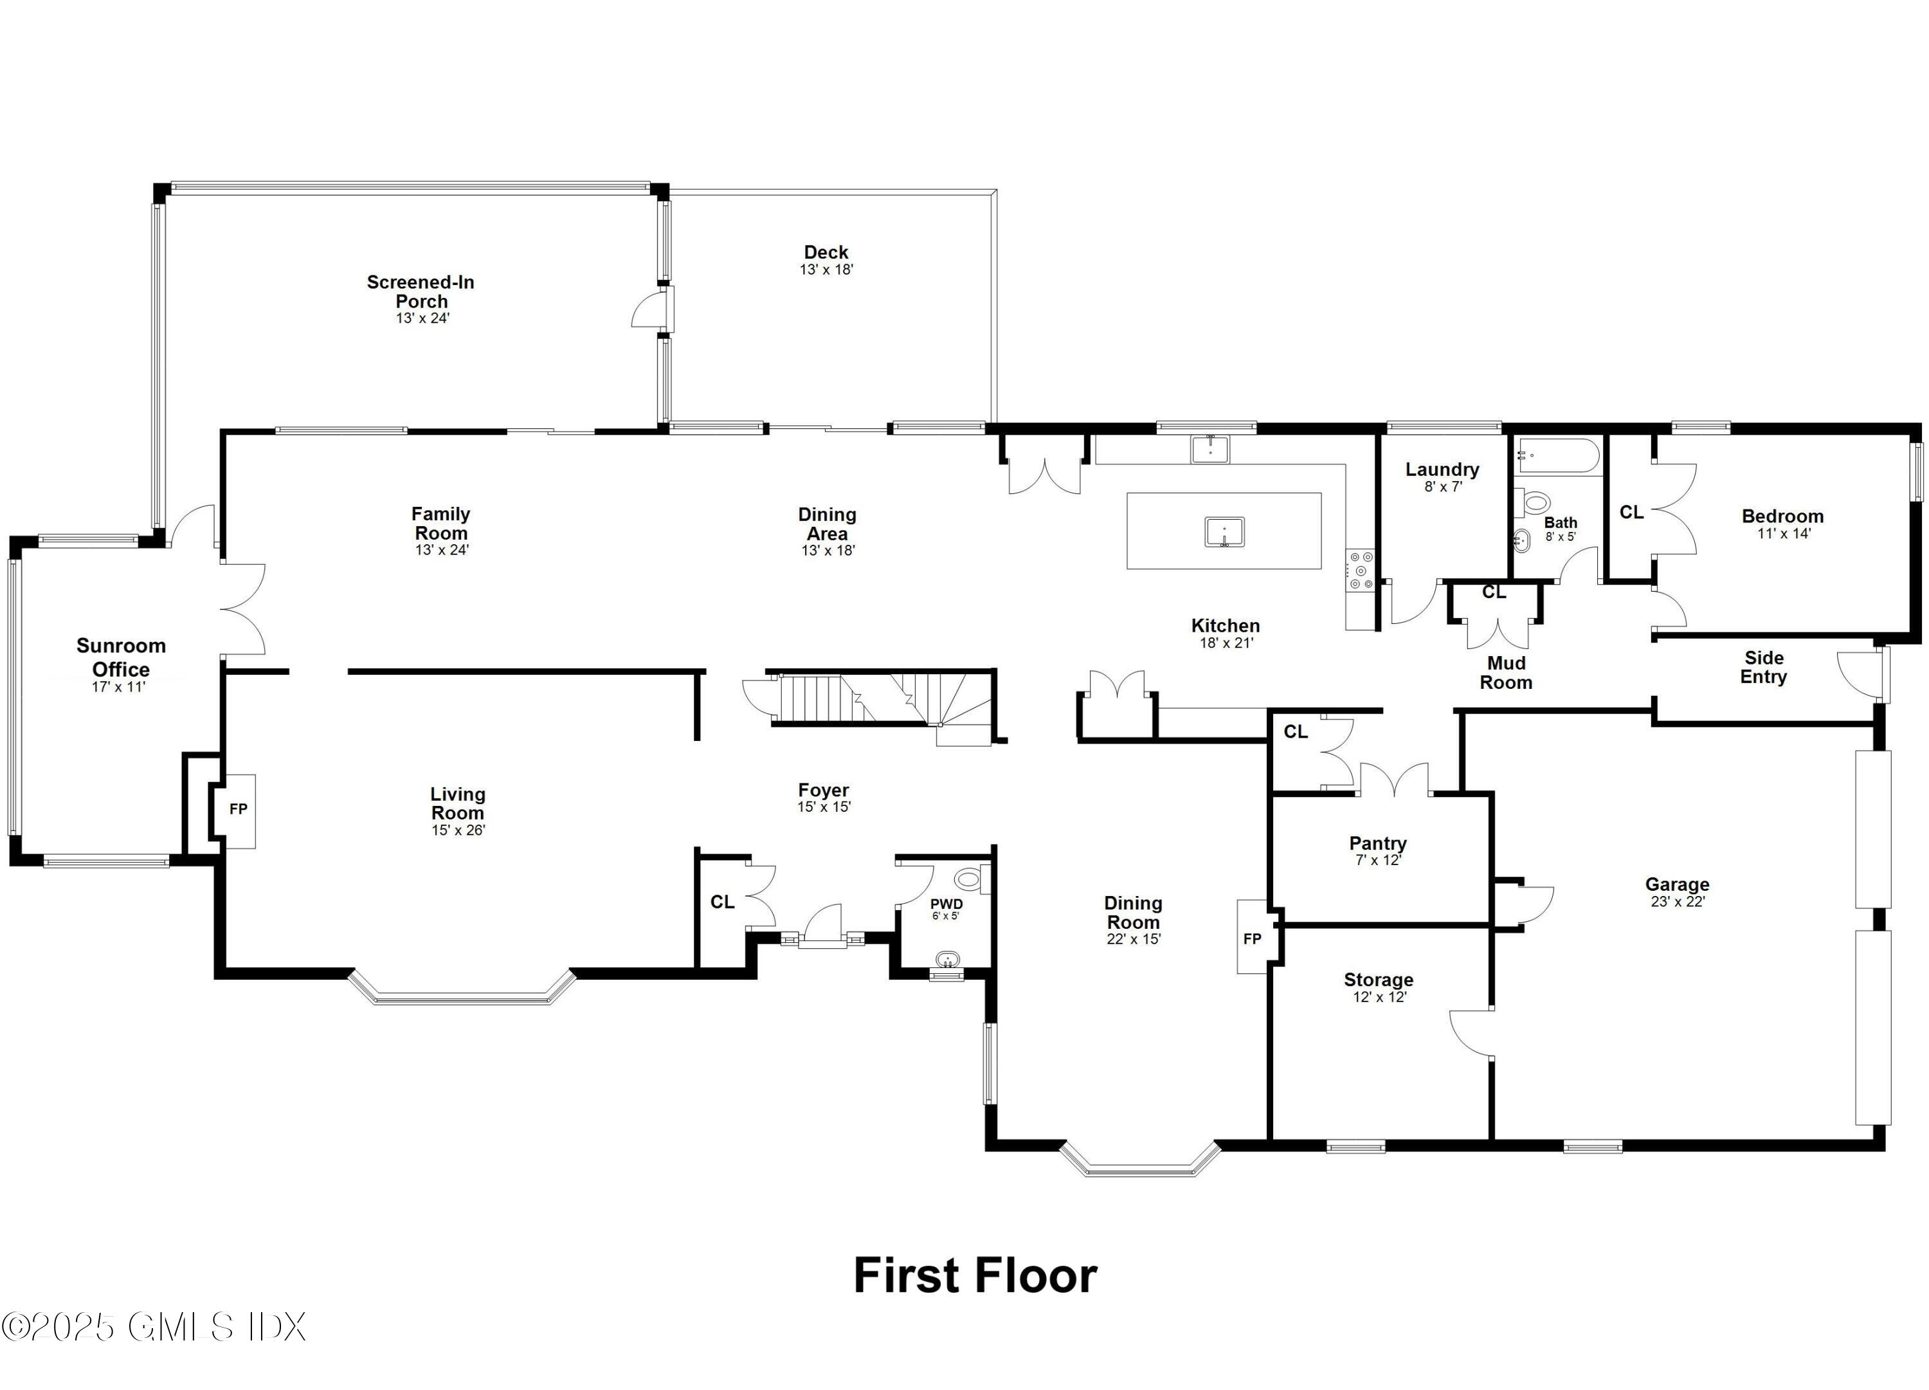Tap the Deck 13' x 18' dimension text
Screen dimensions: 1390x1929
[x=826, y=270]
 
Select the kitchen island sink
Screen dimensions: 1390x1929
[x=1224, y=533]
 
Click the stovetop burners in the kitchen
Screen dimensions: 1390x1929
[x=1360, y=570]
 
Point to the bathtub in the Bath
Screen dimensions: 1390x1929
[x=1558, y=456]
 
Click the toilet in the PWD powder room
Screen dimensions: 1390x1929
[x=969, y=878]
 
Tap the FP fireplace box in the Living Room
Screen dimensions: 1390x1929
[x=238, y=809]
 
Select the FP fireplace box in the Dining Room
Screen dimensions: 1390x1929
[x=1252, y=938]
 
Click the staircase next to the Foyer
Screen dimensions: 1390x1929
[x=885, y=699]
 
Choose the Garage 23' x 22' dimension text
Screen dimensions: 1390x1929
[x=1677, y=902]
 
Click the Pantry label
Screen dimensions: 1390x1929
[x=1378, y=843]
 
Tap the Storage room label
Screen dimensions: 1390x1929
[x=1378, y=980]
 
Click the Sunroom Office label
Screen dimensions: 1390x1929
[x=121, y=657]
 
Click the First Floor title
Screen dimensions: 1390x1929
[x=975, y=1276]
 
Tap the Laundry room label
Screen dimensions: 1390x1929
[x=1442, y=470]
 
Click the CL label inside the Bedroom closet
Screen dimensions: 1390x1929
[x=1631, y=512]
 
